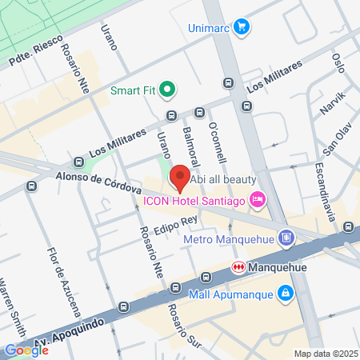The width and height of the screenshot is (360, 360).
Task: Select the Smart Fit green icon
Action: (x=168, y=90)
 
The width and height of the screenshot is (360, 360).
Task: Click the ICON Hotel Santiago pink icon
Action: (x=258, y=199)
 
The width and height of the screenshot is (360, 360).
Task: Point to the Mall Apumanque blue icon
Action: (x=284, y=294)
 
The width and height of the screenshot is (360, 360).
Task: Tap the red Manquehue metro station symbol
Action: (x=238, y=266)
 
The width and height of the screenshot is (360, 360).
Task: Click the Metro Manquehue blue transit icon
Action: (x=286, y=238)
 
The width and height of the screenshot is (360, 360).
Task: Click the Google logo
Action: (x=26, y=350)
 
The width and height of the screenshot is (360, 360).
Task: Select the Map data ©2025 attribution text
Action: (x=325, y=354)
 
